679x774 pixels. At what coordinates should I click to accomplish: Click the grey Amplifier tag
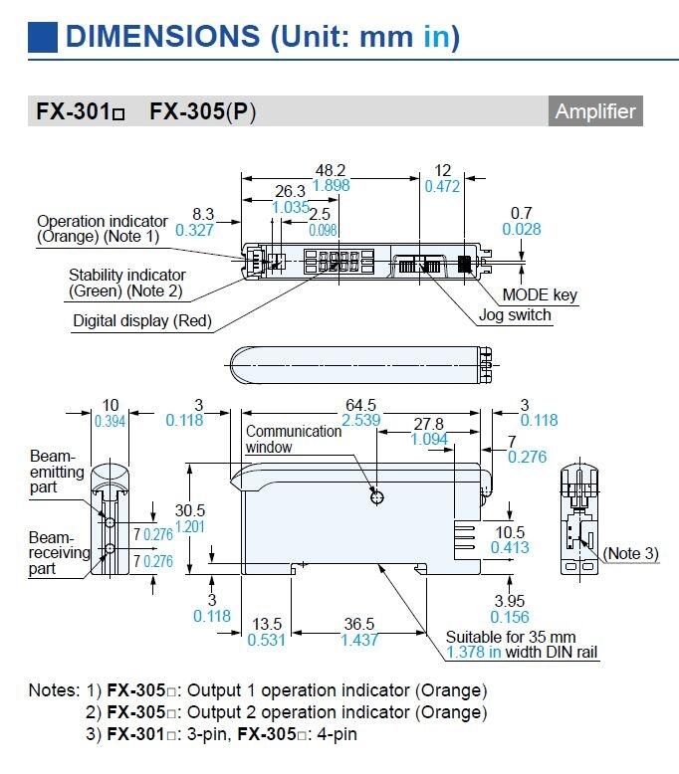point(595,111)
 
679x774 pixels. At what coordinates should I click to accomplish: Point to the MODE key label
point(539,294)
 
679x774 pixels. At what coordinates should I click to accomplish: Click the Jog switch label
point(514,315)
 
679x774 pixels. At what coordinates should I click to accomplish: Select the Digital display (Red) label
point(142,321)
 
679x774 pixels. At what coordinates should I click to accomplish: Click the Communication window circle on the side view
point(376,496)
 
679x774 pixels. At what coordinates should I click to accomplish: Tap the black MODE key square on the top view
point(464,264)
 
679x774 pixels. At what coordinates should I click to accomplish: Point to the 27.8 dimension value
point(428,423)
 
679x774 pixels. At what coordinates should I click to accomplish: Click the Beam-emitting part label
point(57,471)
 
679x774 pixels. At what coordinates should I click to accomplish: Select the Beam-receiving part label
point(59,552)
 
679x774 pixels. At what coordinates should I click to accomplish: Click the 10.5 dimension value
point(510,532)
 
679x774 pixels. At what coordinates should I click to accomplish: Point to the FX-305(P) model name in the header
point(202,112)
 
